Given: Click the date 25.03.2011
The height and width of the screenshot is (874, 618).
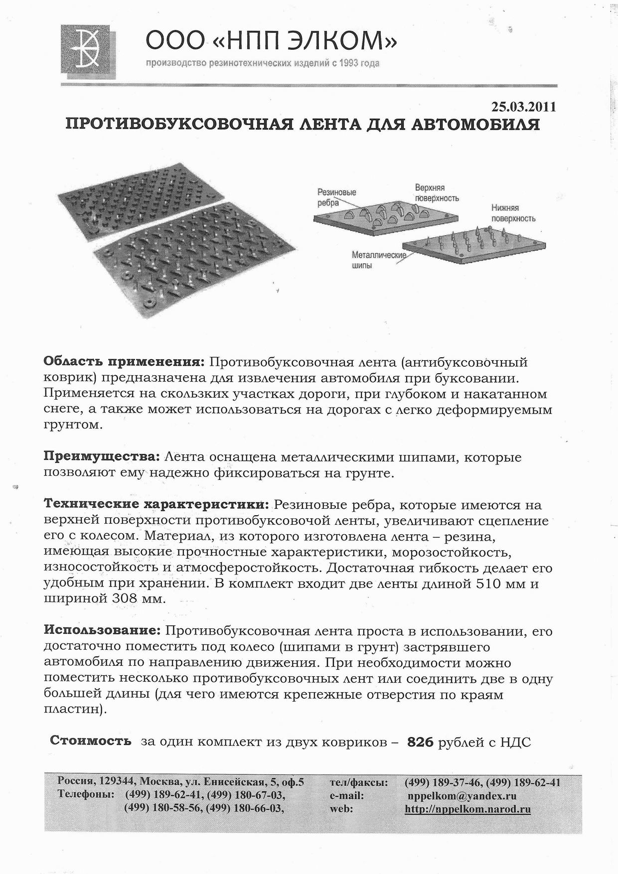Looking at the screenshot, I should tap(523, 107).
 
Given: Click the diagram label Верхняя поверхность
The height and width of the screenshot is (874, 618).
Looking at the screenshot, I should tap(437, 193).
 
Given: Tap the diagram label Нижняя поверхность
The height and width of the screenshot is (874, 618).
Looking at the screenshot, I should tap(513, 213).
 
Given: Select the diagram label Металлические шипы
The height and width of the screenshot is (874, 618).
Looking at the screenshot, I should tap(378, 260).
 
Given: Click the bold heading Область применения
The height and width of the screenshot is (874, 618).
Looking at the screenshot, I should tap(124, 361).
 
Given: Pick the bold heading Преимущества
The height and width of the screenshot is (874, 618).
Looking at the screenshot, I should tap(102, 456).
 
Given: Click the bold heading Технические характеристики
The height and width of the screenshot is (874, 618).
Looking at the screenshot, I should tap(156, 505).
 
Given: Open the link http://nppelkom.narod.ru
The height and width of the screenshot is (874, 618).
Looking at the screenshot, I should tap(467, 809).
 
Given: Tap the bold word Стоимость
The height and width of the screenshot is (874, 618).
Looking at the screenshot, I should tap(91, 741).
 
